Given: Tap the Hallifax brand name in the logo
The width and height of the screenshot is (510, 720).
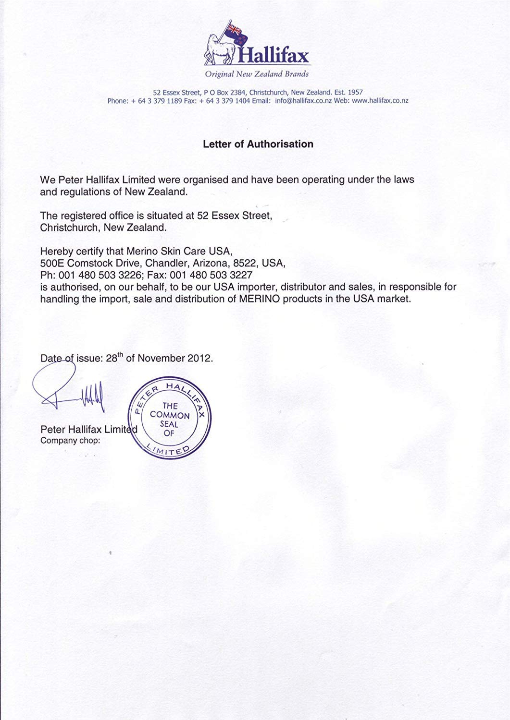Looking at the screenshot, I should [x=275, y=56].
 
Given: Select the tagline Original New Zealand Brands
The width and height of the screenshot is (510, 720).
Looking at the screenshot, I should [x=257, y=74].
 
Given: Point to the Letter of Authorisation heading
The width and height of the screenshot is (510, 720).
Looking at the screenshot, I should [x=258, y=144].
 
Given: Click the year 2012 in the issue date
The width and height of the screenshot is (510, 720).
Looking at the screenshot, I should [x=201, y=359].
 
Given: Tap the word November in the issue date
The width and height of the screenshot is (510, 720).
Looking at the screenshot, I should [x=161, y=359].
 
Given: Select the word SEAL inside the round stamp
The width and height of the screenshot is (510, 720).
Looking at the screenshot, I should [x=169, y=424].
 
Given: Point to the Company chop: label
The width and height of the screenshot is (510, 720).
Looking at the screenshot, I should [x=70, y=440].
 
